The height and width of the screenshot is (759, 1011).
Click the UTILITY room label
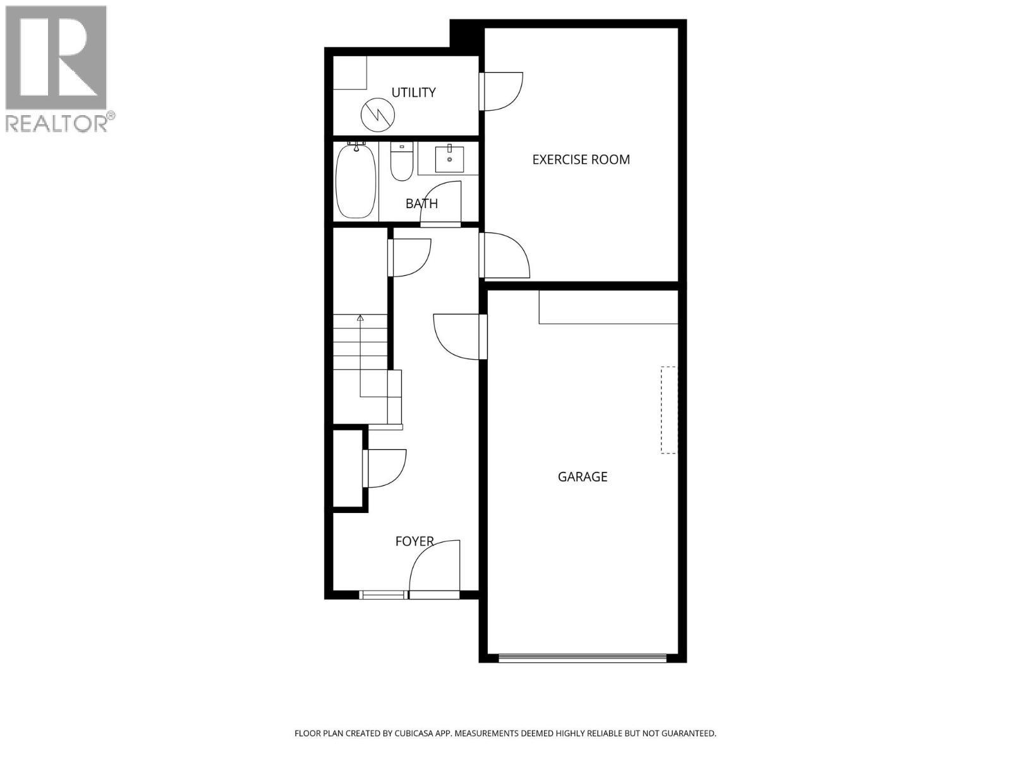413,92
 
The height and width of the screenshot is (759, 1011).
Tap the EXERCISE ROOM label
581,159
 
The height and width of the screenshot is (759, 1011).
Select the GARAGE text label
582,477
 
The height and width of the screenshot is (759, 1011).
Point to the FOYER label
414,541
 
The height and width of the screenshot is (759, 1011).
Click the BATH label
421,204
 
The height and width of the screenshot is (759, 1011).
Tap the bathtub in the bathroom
356,182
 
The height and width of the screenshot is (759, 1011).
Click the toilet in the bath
401,163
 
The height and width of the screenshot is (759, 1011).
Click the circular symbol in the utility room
378,114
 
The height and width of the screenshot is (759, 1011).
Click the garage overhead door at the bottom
582,658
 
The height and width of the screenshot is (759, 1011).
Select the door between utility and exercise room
502,91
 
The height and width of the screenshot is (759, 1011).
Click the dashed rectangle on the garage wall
669,410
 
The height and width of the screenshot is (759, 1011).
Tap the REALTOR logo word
57,123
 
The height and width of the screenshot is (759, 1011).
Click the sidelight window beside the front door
382,595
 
